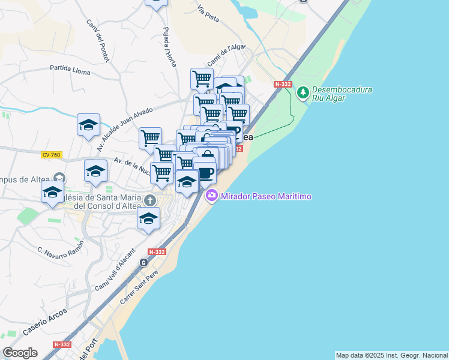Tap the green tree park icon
[x=303, y=92]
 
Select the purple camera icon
[x=211, y=196]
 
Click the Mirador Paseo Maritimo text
[x=267, y=196]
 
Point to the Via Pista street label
[x=208, y=14]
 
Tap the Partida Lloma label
[x=70, y=70]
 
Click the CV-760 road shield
[x=52, y=154]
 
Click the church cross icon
[x=150, y=200]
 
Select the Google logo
[x=20, y=353]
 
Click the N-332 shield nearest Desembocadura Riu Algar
[x=282, y=85]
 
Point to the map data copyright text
[x=391, y=355]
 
